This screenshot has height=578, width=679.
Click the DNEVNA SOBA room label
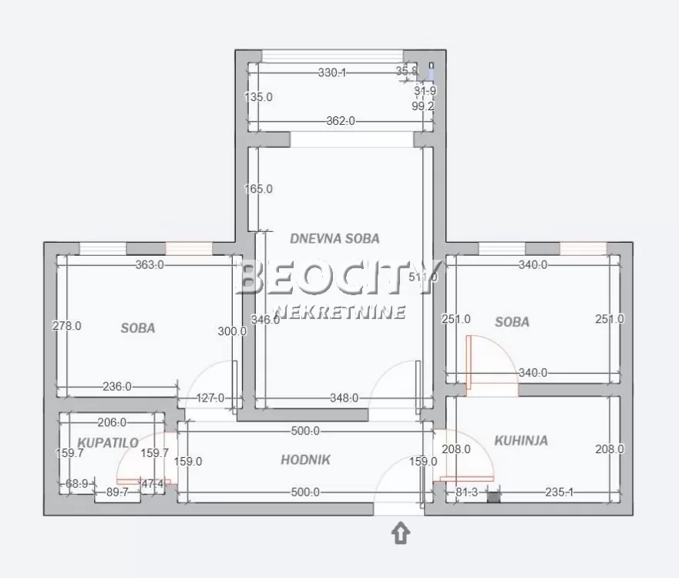334,239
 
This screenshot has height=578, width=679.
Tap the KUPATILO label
107,443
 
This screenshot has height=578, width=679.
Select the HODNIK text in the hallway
305,460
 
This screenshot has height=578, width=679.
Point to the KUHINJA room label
521,441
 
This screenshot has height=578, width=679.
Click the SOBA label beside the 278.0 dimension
138,328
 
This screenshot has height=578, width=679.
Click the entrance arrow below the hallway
402,533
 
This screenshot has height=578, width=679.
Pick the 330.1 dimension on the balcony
332,72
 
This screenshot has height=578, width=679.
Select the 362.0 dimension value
341,121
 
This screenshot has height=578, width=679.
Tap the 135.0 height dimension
258,98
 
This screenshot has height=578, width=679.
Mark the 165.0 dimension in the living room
258,189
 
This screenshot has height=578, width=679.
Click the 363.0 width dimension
150,265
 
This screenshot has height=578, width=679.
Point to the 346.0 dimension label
266,320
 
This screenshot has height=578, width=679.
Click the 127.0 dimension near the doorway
210,398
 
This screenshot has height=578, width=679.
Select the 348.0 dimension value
344,398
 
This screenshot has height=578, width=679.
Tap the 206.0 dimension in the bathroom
112,422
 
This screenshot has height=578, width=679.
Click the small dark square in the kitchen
493,497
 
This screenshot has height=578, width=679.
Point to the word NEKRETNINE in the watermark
340,312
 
